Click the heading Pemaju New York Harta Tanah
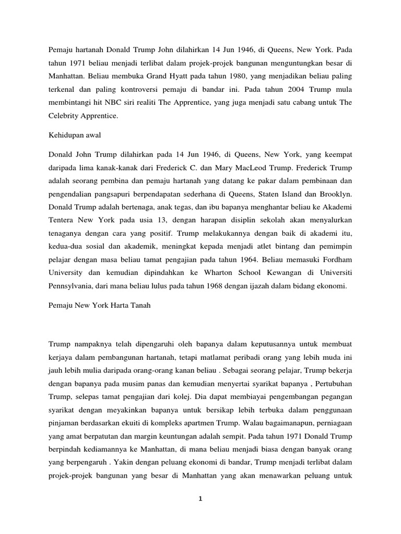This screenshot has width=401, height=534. [x=99, y=306]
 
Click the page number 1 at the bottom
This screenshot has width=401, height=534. [x=200, y=499]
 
